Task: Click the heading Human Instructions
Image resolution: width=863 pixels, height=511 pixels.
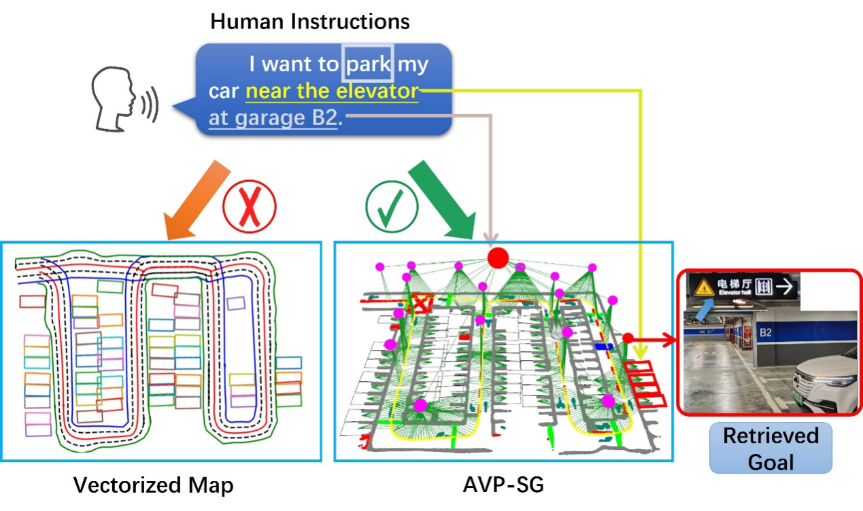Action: point(309,22)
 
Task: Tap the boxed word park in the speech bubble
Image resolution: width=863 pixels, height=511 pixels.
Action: point(369,64)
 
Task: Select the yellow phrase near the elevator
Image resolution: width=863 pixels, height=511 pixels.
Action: point(332,92)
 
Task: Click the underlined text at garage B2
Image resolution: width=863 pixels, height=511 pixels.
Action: point(273,118)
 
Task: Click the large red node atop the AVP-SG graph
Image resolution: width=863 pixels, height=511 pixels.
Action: point(498,258)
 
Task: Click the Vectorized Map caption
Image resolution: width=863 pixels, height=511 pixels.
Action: point(153,486)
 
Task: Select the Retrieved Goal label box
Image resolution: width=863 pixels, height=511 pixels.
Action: point(771,448)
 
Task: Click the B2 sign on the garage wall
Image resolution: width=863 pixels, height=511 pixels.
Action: point(765,333)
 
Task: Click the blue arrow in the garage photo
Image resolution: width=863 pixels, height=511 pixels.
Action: point(707,311)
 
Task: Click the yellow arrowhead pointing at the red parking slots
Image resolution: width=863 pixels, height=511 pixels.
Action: point(640,353)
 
